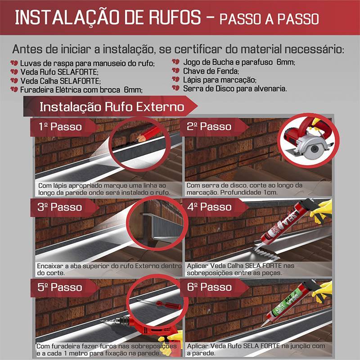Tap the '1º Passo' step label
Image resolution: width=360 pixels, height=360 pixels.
pos(60,127)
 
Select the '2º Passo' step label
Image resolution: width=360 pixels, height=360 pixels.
pos(210,127)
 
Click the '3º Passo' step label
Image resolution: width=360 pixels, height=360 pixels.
pos(60,207)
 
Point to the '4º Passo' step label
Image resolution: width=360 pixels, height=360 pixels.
pos(210,207)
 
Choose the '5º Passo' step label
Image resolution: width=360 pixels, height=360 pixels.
pos(60,287)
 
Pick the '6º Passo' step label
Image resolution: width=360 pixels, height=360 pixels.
pos(210,287)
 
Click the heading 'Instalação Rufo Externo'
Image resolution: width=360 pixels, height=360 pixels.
pos(112,107)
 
